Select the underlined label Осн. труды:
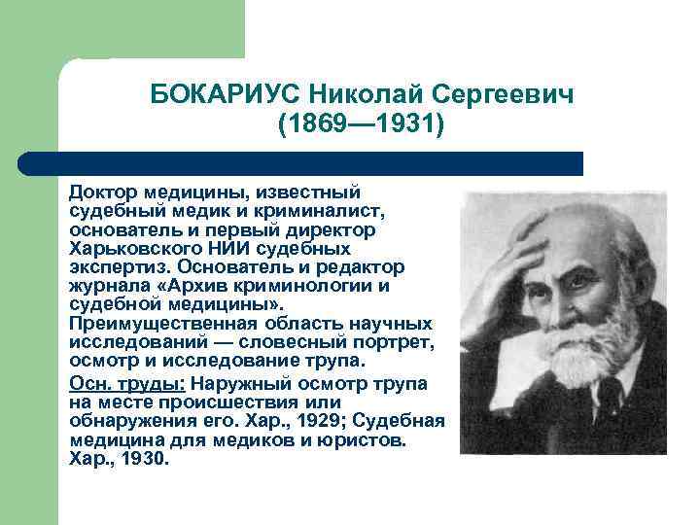point(127,383)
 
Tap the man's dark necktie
point(609,399)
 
